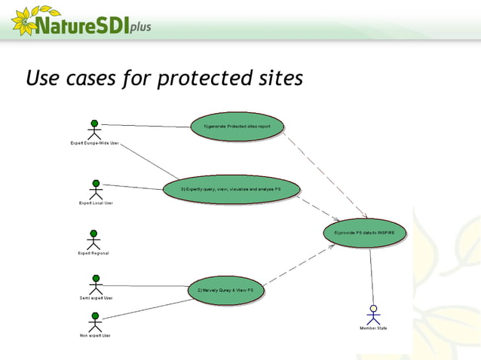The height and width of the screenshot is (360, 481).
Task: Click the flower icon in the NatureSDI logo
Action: (23, 21)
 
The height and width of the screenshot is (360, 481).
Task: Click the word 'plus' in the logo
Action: (139, 27)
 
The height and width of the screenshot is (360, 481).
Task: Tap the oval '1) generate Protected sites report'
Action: (237, 127)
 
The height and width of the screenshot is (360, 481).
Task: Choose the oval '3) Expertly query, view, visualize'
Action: (231, 189)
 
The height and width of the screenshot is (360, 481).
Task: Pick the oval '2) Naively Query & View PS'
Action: (225, 290)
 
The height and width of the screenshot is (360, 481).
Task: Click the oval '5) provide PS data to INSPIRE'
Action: (365, 233)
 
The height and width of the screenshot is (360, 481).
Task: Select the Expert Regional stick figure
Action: (93, 239)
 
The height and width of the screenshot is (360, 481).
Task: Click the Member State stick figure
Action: (372, 314)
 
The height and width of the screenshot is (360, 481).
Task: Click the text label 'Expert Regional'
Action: (93, 254)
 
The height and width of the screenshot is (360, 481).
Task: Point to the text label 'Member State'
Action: (372, 328)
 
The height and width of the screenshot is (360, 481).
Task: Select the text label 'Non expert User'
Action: (96, 335)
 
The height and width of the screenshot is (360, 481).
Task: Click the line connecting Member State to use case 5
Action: (371, 275)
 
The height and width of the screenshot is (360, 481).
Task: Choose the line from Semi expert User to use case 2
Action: (143, 285)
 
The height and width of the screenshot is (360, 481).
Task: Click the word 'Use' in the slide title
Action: (42, 78)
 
